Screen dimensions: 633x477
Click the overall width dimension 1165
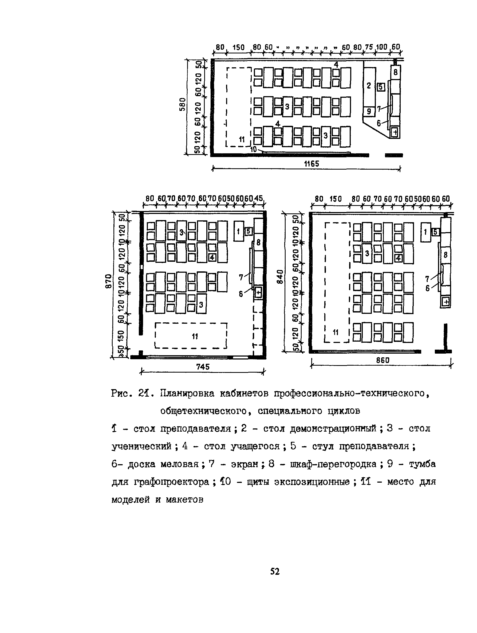coord(312,164)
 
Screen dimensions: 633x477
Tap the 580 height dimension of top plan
coord(183,105)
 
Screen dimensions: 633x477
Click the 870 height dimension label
coord(108,281)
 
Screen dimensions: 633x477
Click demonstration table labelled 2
coord(369,86)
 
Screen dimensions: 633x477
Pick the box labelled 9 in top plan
coord(369,111)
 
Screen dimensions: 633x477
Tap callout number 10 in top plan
coord(253,149)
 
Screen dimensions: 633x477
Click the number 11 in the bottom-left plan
coord(195,336)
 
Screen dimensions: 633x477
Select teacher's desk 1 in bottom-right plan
coord(425,232)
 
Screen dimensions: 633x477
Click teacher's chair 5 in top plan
coord(381,87)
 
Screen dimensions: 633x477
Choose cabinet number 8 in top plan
coord(396,72)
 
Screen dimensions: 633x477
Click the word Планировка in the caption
coord(187,394)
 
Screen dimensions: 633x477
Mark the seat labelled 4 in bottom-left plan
coord(212,257)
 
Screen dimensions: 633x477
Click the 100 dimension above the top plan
coord(381,47)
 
